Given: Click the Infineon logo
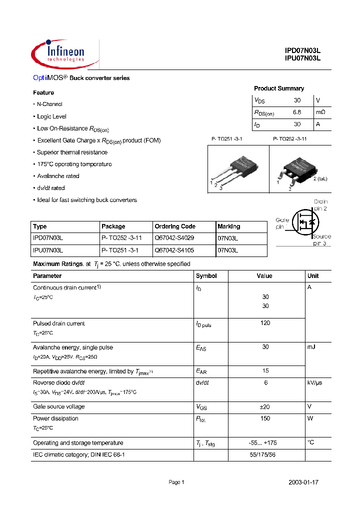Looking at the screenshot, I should click(x=59, y=52).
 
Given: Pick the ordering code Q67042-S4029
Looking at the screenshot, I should click(x=174, y=238).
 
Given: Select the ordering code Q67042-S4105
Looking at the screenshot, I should click(x=174, y=249).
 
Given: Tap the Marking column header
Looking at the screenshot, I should click(x=229, y=226).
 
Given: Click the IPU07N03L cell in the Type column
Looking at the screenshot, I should click(x=48, y=249).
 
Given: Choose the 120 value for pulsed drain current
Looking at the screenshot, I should click(x=265, y=323).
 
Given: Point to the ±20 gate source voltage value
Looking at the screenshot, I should click(x=265, y=406).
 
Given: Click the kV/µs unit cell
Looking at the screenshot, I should click(x=317, y=382).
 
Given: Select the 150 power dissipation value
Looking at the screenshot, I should click(x=265, y=418).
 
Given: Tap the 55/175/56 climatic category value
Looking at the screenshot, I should click(x=265, y=454).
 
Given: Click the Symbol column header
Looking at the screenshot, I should click(x=206, y=276).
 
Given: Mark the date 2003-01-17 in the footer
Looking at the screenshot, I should click(x=303, y=482).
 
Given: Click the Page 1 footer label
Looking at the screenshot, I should click(x=176, y=482).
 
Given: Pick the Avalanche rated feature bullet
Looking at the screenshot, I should click(x=58, y=176).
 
